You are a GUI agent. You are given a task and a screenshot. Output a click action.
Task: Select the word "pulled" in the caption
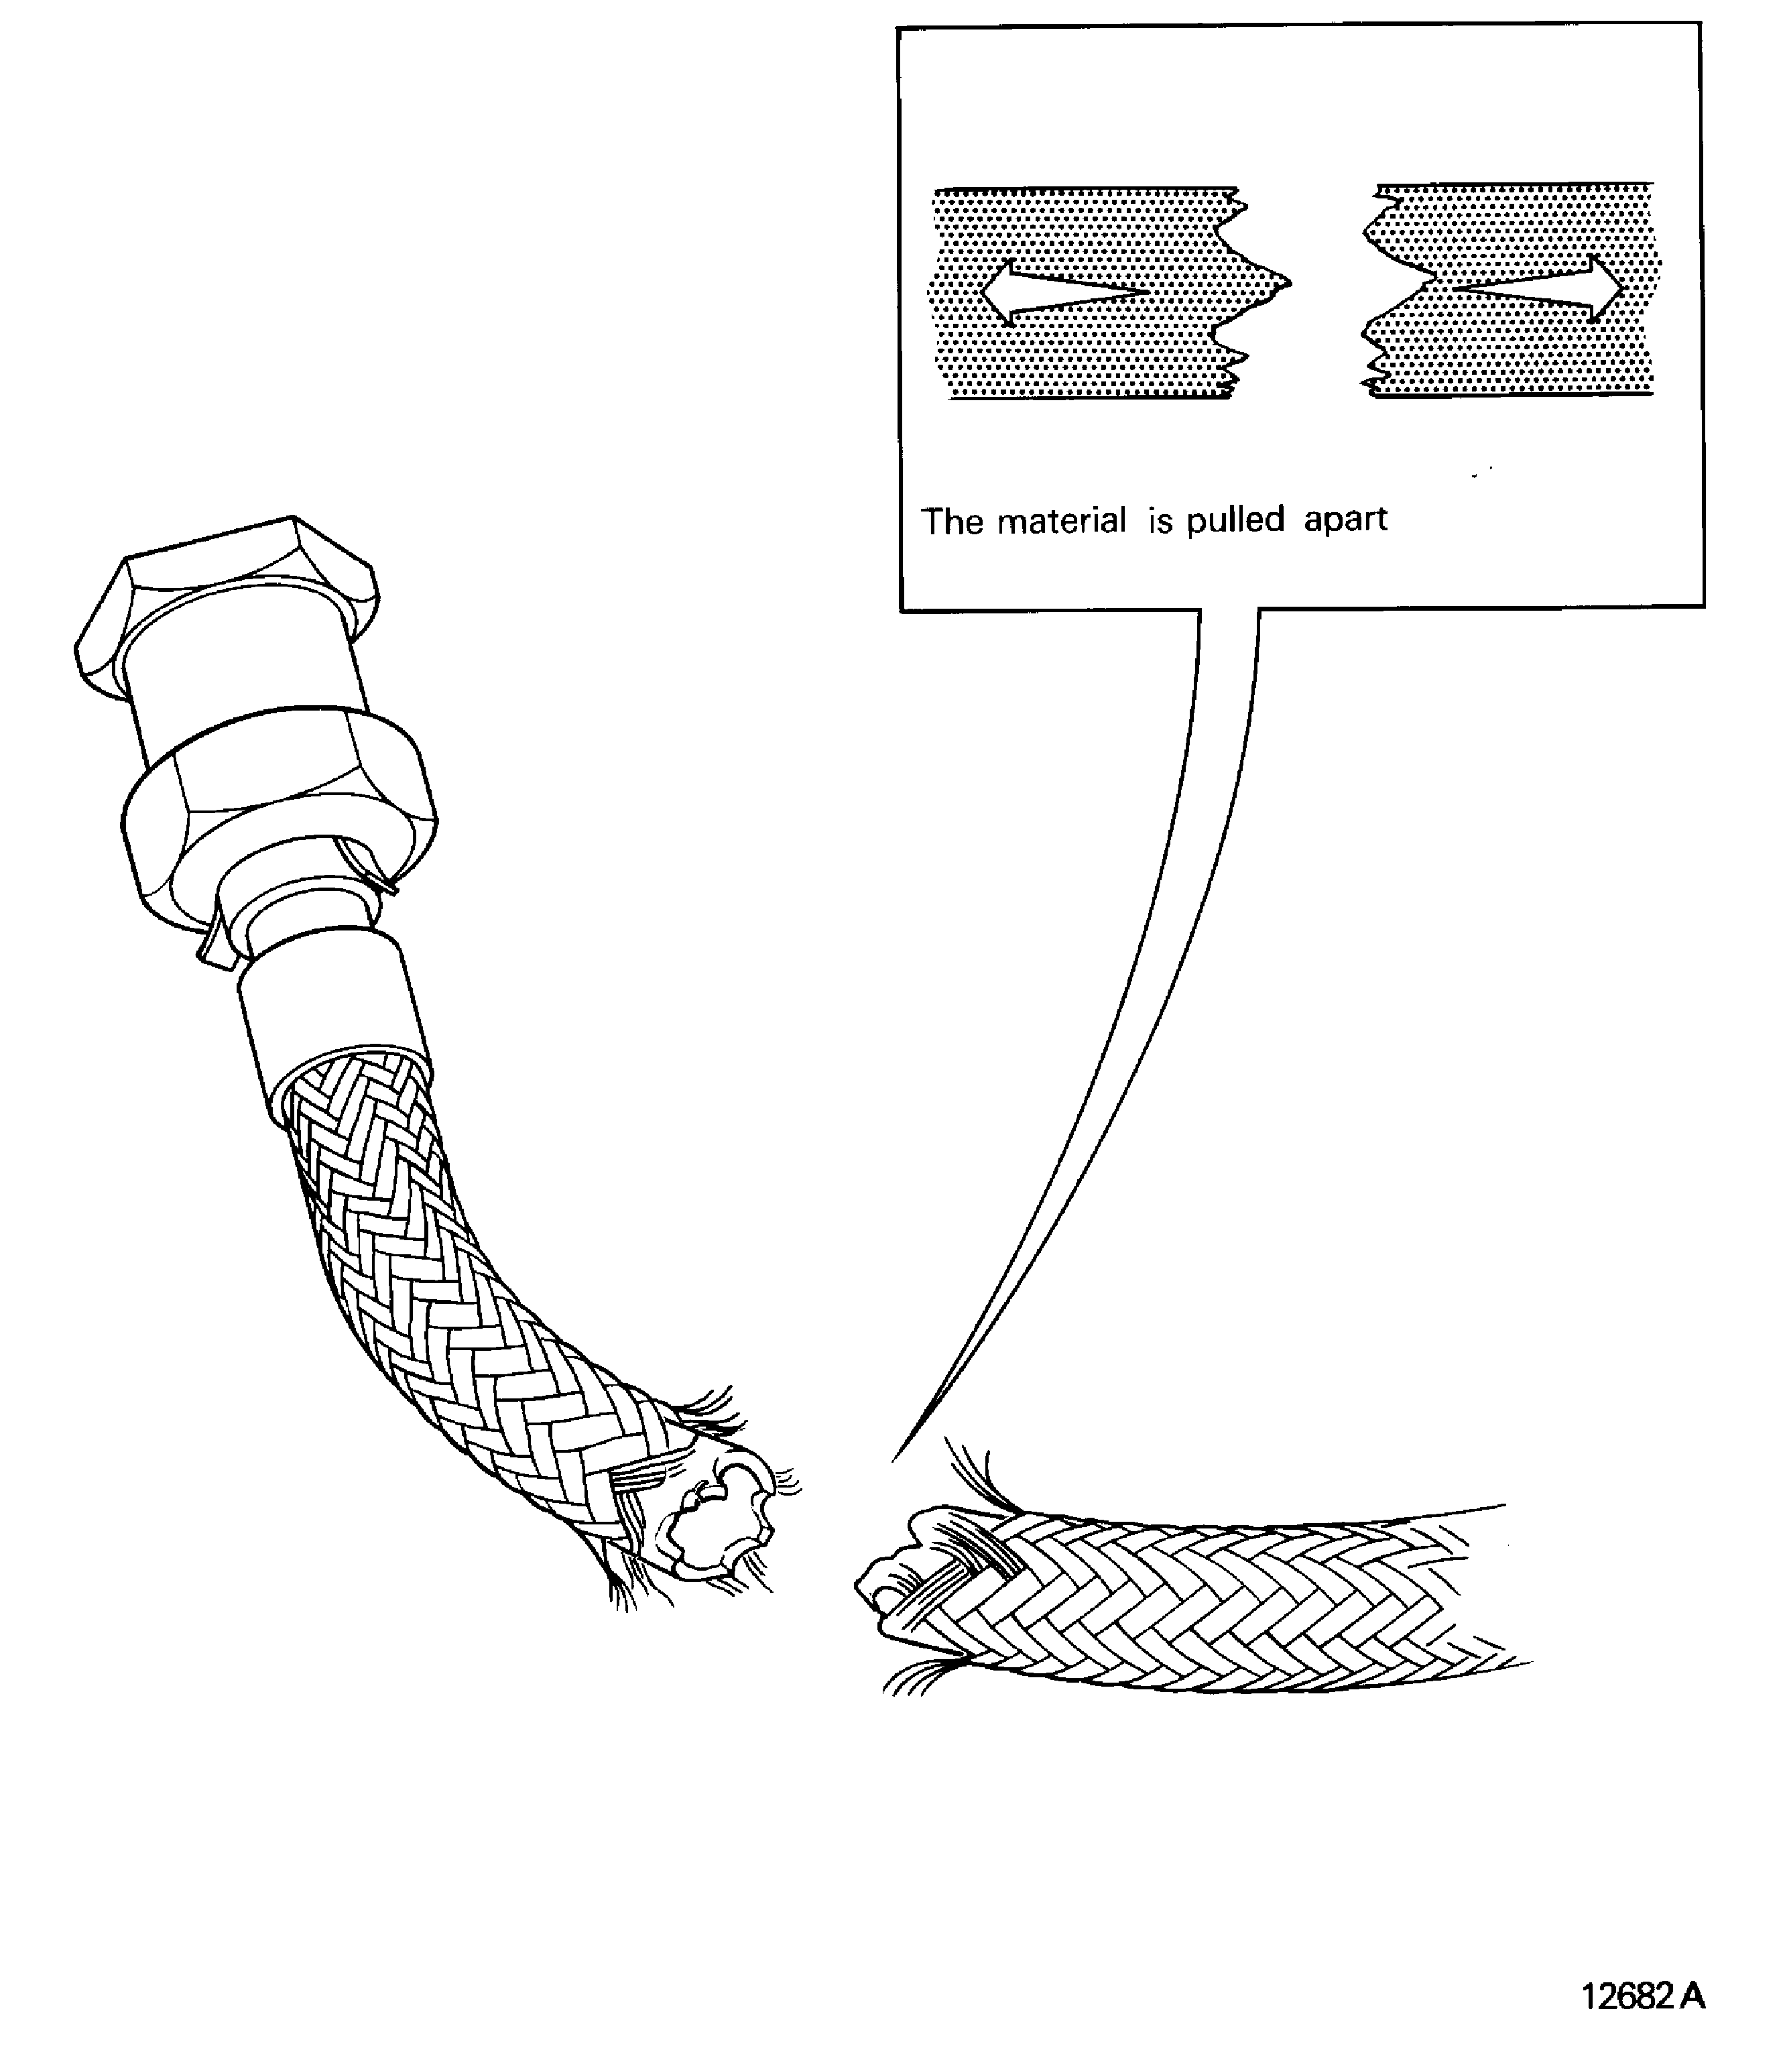click(1235, 520)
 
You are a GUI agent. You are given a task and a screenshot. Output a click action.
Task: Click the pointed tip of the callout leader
click(894, 1459)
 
